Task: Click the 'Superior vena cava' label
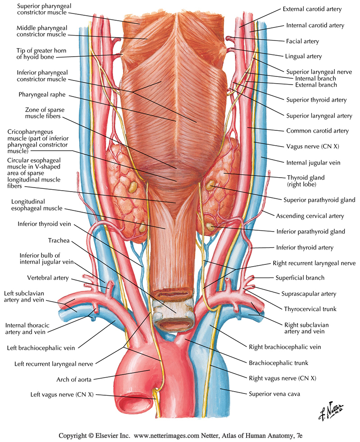pos(275,394)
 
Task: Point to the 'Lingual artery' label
pos(306,57)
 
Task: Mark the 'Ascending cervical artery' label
pos(310,216)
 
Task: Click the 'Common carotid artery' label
pos(318,131)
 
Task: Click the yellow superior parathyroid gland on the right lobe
pos(210,184)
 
